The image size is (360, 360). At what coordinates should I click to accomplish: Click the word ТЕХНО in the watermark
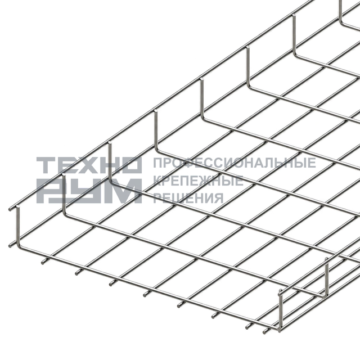click(89, 165)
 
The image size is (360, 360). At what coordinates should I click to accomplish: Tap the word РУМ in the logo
click(89, 191)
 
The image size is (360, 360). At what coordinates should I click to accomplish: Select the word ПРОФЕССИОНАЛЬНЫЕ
click(235, 163)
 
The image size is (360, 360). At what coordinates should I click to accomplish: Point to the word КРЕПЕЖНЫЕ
click(198, 181)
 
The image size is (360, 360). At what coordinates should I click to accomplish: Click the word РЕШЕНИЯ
click(188, 198)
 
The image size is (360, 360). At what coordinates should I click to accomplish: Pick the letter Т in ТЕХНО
click(47, 165)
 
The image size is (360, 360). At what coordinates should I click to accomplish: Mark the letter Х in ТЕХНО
click(89, 165)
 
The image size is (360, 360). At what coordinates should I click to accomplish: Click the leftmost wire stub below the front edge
click(44, 261)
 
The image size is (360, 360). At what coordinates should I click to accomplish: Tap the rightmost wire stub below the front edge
click(267, 331)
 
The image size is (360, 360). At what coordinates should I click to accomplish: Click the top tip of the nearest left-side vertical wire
click(17, 208)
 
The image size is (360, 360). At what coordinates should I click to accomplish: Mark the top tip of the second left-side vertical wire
click(64, 175)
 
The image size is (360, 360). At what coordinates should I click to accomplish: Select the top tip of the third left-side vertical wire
click(110, 144)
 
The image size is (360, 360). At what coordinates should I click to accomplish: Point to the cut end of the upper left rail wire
click(10, 209)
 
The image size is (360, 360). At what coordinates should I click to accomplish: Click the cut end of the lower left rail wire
click(10, 246)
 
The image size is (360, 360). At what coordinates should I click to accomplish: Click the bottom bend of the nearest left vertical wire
click(20, 246)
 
